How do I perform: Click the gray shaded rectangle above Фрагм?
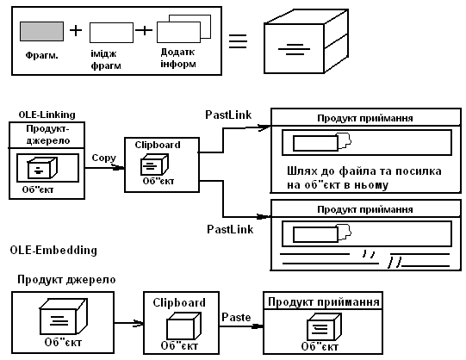(41, 31)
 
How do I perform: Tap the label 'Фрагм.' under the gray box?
(42, 55)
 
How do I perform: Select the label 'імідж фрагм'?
(106, 59)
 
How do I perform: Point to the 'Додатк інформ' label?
(178, 58)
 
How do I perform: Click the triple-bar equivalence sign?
(238, 41)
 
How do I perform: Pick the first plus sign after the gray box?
(76, 30)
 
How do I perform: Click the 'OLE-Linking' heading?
(47, 115)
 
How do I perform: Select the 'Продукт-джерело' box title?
(48, 134)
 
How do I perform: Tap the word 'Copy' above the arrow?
(103, 158)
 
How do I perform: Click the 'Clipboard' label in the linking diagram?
(158, 145)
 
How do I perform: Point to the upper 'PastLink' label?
(228, 115)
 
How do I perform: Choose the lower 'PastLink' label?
(230, 229)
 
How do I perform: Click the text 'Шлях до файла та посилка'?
(364, 171)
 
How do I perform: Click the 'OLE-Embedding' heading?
(53, 250)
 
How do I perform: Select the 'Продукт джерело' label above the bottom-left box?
(66, 280)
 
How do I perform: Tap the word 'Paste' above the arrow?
(236, 317)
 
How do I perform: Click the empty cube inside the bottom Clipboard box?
(183, 326)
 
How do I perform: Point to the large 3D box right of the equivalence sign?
(306, 41)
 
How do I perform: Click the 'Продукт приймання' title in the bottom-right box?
(324, 301)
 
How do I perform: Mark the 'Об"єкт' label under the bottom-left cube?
(63, 343)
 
